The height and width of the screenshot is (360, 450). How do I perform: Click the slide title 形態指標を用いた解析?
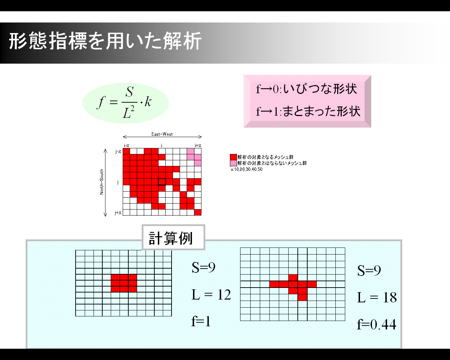click(105, 41)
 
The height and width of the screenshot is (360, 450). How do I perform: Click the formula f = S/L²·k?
click(124, 103)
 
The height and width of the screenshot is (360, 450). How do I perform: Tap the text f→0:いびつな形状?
click(307, 89)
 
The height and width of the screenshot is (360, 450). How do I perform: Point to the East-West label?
click(162, 134)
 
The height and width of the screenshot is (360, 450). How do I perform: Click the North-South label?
click(102, 182)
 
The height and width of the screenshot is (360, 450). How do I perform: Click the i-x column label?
click(127, 146)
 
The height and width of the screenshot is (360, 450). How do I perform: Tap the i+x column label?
click(198, 146)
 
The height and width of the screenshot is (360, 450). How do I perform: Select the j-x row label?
click(118, 152)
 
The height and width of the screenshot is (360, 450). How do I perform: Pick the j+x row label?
click(118, 213)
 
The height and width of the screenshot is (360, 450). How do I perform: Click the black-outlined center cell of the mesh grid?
click(162, 182)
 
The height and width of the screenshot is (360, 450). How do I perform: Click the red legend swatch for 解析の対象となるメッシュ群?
click(233, 157)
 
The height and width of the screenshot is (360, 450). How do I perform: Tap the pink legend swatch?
click(233, 163)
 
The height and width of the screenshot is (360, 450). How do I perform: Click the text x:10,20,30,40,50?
click(246, 169)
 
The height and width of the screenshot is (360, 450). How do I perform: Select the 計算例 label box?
click(173, 237)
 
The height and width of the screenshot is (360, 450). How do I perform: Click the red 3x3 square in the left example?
click(124, 283)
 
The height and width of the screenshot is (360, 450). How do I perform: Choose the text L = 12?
click(211, 295)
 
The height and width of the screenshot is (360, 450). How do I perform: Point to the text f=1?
click(201, 321)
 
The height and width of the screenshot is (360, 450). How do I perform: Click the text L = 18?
click(377, 297)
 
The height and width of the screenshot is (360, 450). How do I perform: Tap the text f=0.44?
click(377, 324)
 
